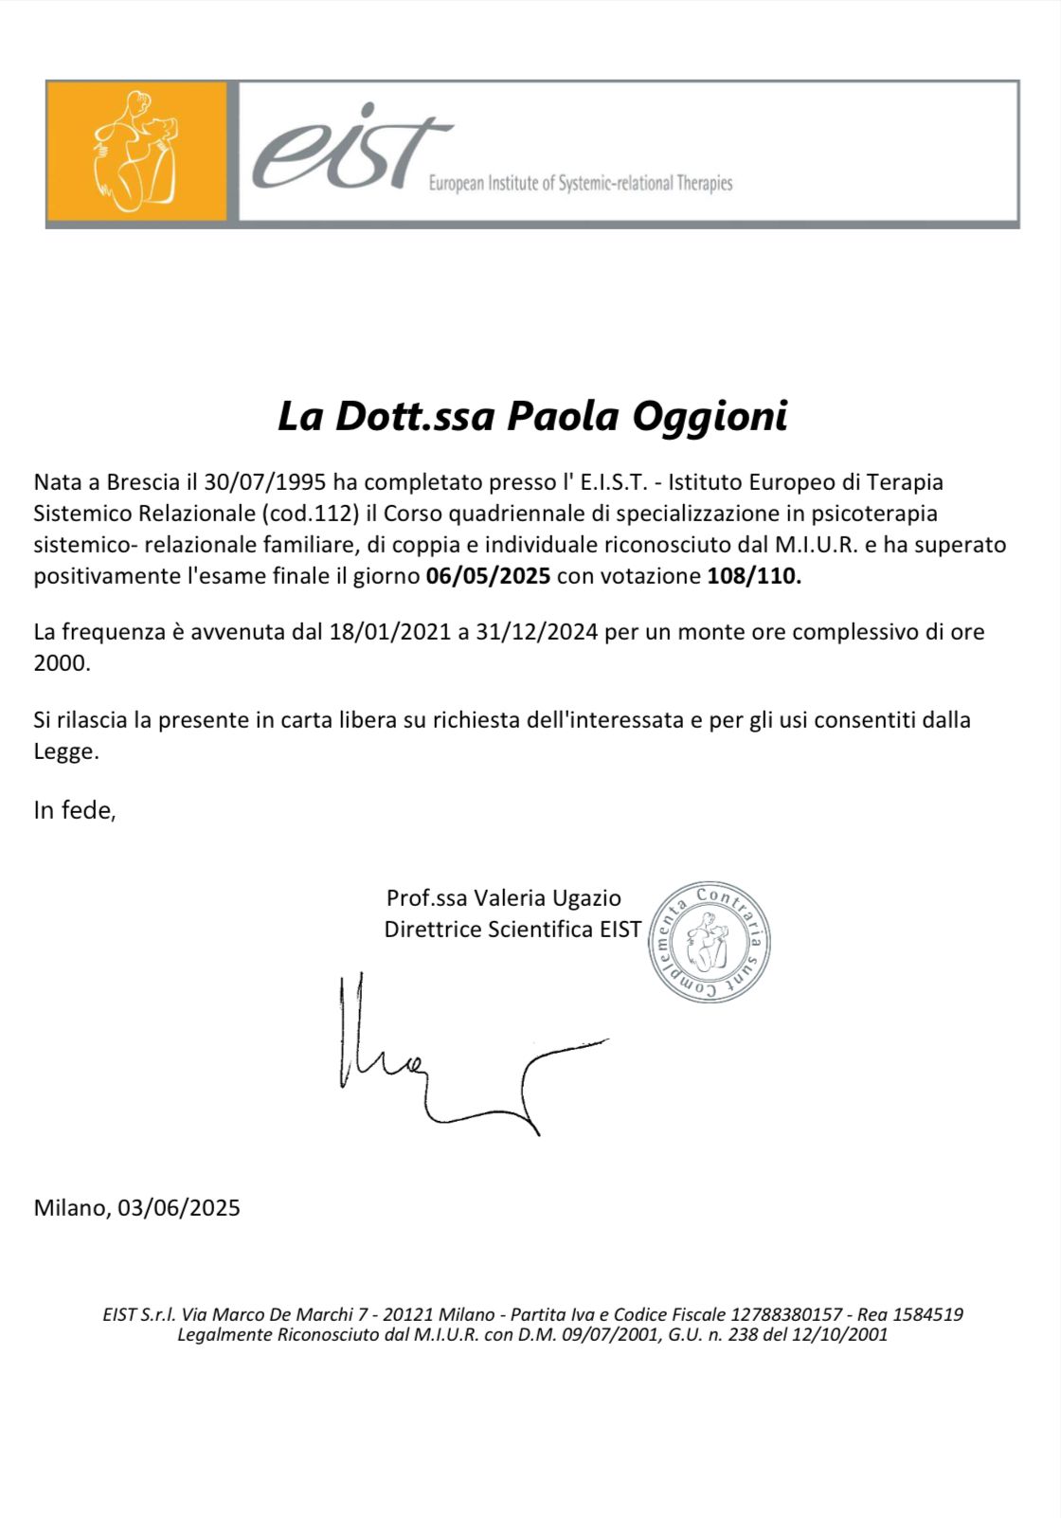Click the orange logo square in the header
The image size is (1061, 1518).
tap(137, 152)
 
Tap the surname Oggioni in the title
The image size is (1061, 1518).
tap(710, 416)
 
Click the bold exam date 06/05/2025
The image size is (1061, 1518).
tap(488, 576)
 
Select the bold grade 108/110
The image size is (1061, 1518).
tap(753, 576)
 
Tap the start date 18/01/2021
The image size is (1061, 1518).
tap(390, 632)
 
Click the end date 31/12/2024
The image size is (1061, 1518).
tap(537, 632)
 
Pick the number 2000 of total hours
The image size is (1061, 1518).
tap(62, 663)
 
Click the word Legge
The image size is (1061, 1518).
tap(65, 751)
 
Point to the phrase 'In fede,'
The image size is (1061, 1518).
tap(75, 810)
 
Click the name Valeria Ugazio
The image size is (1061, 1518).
tap(548, 898)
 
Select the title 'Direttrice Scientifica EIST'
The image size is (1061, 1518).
tap(513, 930)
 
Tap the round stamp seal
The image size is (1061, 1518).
tap(709, 941)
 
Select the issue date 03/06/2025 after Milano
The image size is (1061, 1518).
tap(179, 1208)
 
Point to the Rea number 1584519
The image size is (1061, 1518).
tap(927, 1315)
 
